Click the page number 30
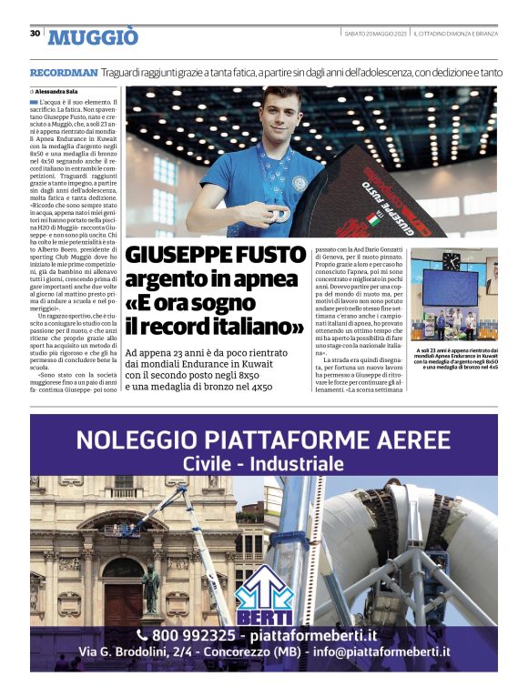pyautogui.click(x=35, y=34)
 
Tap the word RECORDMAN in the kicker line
pyautogui.click(x=63, y=71)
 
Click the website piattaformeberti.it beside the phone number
pyautogui.click(x=318, y=635)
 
